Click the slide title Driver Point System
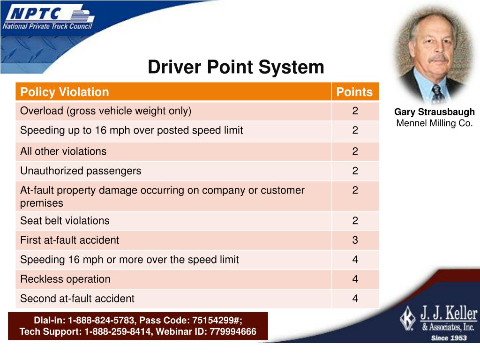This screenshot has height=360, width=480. (236, 67)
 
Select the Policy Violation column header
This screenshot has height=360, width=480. (65, 92)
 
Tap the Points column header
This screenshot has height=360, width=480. (355, 92)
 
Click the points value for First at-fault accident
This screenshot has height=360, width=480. (355, 240)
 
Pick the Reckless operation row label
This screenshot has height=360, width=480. (65, 279)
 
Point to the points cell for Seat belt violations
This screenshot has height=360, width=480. (355, 221)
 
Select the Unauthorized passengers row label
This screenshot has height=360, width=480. (81, 171)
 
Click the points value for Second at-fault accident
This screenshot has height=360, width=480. (355, 299)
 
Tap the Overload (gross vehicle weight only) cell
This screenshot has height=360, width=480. (106, 111)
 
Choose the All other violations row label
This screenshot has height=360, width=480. (63, 151)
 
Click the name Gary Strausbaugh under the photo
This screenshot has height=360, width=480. (434, 112)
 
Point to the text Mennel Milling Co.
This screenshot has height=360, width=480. (434, 123)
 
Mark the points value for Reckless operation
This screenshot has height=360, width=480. (355, 279)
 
